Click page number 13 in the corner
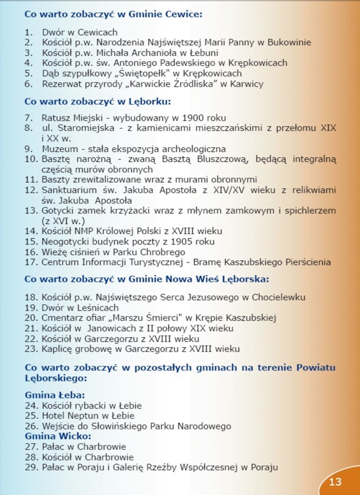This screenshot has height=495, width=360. point(335,482)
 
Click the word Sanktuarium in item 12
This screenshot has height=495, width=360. point(69,190)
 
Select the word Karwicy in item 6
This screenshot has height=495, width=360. point(247,84)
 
